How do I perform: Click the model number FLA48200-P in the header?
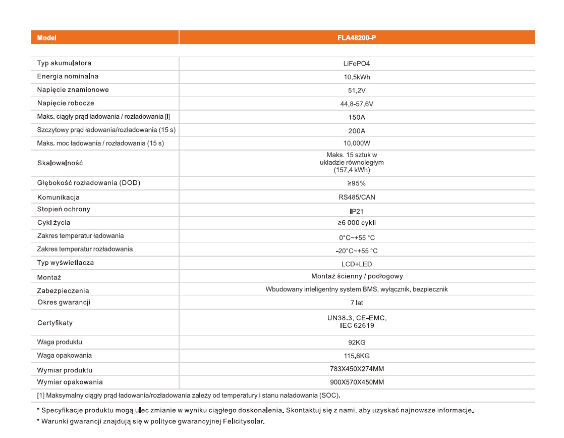[357, 38]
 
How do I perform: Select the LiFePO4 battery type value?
[357, 64]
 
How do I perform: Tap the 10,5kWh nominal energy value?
[357, 77]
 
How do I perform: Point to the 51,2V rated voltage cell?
[357, 90]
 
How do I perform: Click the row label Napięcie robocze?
[66, 103]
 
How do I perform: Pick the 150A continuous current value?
[357, 117]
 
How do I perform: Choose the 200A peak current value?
[357, 130]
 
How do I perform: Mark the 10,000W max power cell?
[357, 143]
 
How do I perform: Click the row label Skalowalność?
[60, 163]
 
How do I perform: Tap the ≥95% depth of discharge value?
[357, 183]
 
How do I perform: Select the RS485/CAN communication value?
[357, 197]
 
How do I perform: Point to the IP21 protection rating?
[357, 210]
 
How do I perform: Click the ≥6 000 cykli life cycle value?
[357, 223]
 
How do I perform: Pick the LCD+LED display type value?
[357, 264]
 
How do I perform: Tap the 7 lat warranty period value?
[357, 303]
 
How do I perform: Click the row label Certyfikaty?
[55, 322]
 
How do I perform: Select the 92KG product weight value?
[357, 343]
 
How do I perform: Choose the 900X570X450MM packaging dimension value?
[357, 382]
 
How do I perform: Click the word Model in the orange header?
[47, 38]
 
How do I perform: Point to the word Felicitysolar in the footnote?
[245, 421]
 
